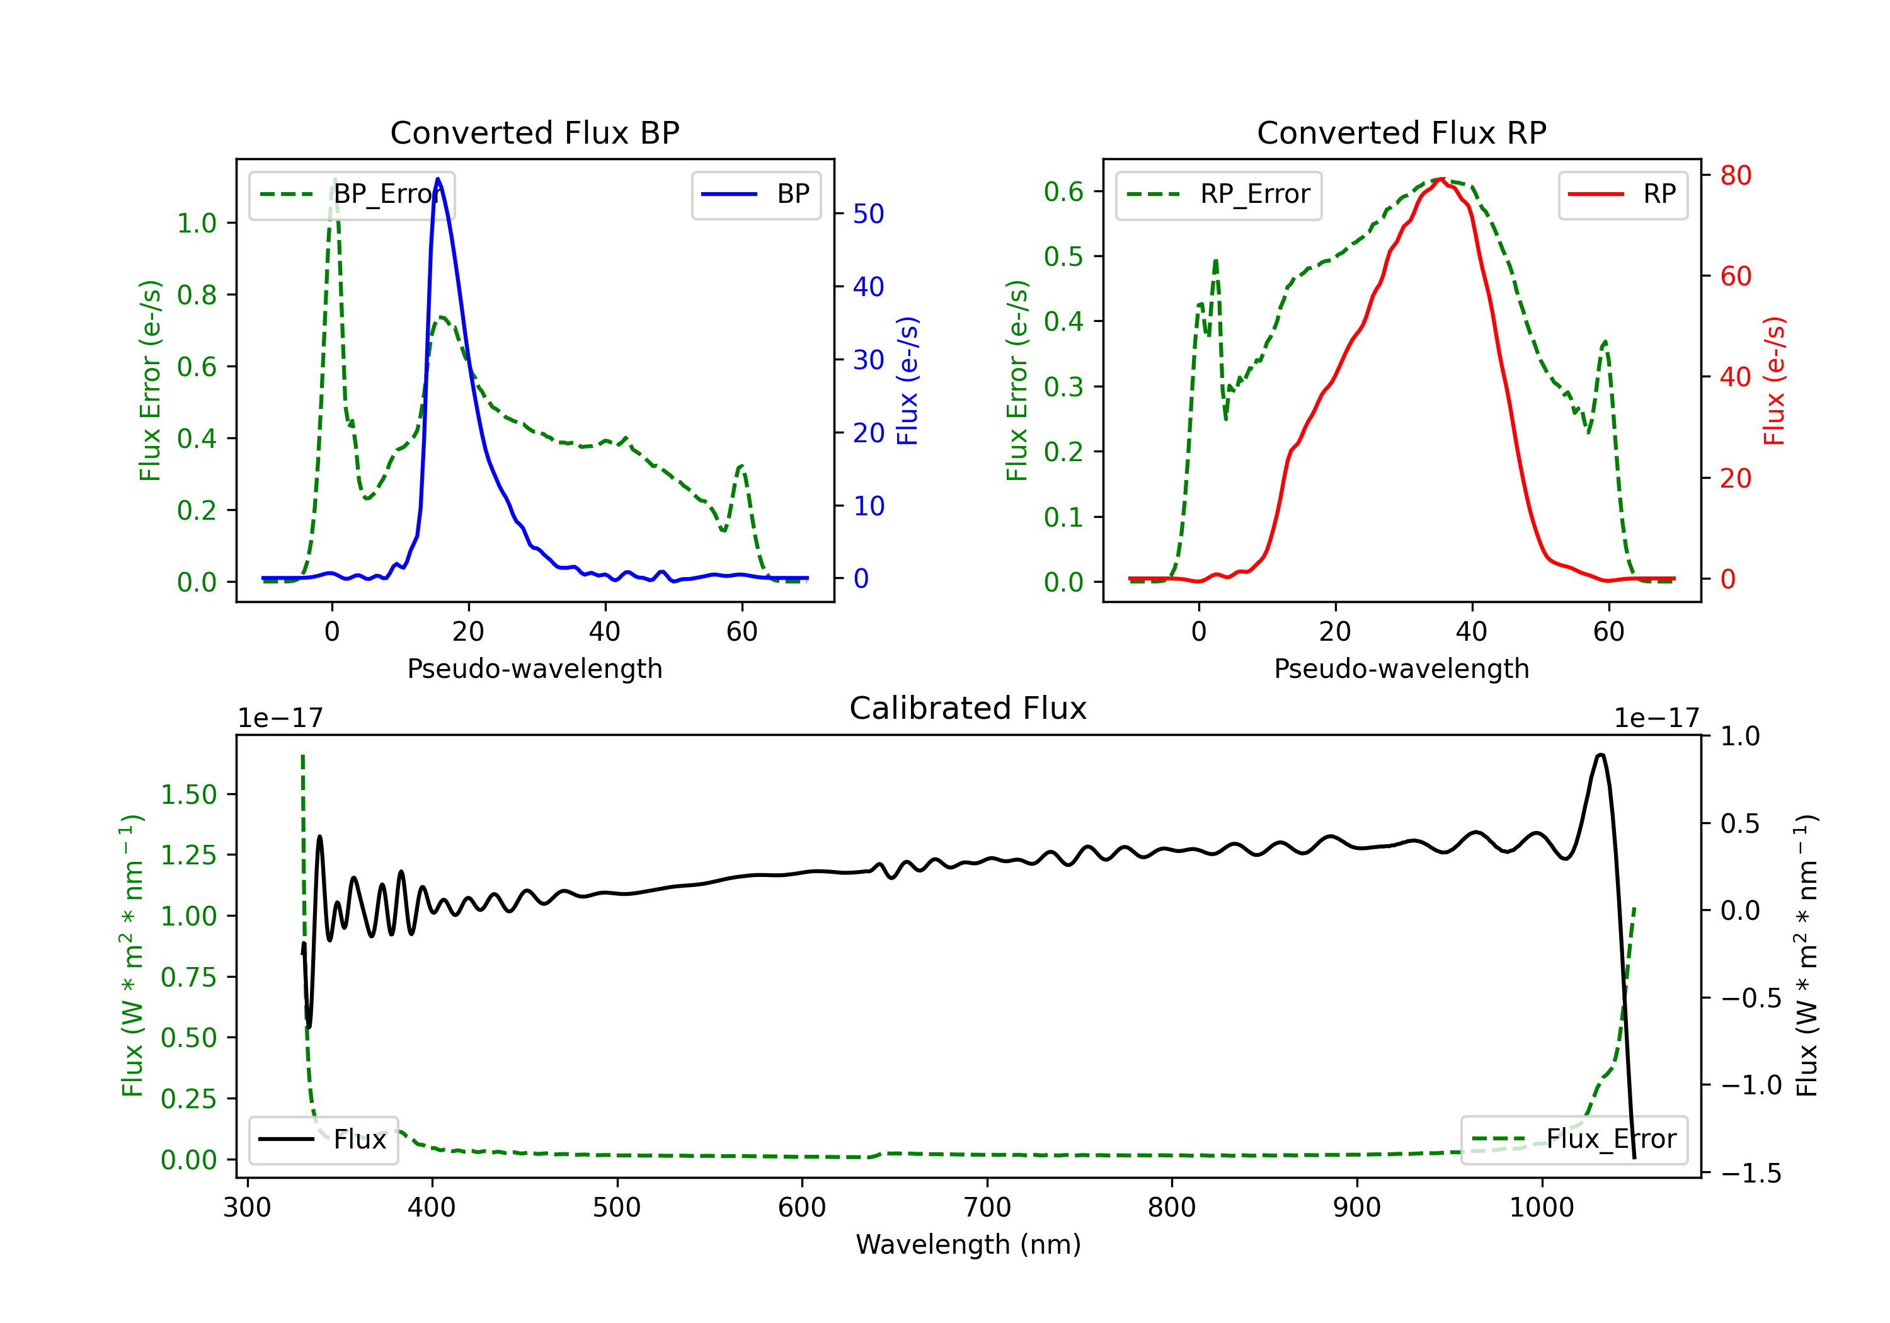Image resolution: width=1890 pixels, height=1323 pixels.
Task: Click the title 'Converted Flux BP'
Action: (534, 132)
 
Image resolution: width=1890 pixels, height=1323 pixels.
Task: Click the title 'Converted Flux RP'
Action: (1401, 132)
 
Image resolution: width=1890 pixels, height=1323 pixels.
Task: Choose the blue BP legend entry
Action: (755, 194)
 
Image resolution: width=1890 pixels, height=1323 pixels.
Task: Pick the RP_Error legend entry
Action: (1218, 194)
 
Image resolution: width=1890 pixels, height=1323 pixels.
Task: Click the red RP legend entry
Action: (1622, 194)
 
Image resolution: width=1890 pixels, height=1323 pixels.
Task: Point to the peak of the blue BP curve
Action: (437, 179)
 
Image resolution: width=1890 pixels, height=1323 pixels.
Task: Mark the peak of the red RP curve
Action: (1441, 179)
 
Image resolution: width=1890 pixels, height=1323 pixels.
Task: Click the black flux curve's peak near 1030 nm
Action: (1600, 754)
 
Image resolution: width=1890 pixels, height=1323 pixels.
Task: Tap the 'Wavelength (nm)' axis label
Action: (968, 1244)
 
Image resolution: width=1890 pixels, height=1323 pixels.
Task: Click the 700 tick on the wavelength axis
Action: (987, 1207)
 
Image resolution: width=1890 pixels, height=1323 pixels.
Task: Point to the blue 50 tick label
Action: (868, 214)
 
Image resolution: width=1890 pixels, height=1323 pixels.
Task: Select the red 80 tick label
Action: (1735, 175)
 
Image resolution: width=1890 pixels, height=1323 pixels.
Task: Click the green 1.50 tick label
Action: (188, 794)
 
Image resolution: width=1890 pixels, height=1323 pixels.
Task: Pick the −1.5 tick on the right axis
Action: (1750, 1172)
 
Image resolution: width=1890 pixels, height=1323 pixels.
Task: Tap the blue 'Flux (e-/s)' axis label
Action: (907, 381)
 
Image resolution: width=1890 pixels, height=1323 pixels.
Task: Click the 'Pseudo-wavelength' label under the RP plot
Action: (1401, 668)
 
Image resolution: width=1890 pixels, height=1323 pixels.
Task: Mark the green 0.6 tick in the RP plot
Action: (1063, 192)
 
